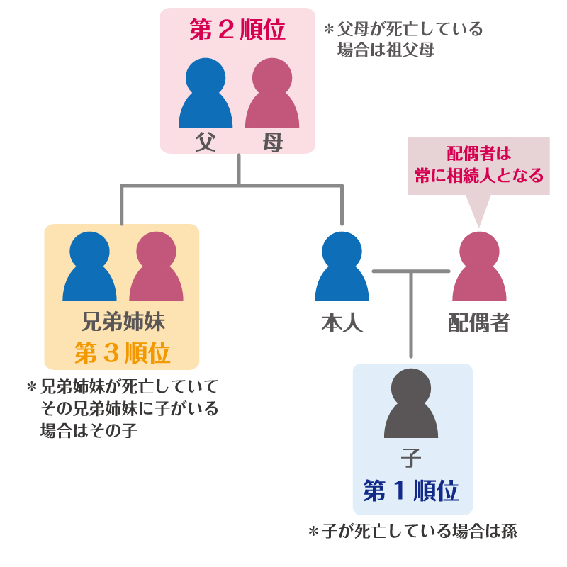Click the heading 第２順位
pyautogui.click(x=237, y=30)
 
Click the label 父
pyautogui.click(x=206, y=142)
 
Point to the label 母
pyautogui.click(x=272, y=142)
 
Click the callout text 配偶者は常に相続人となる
pyautogui.click(x=479, y=165)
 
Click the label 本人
pyautogui.click(x=342, y=323)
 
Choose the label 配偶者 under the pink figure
pyautogui.click(x=479, y=323)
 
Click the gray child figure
pyautogui.click(x=411, y=404)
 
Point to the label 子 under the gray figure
pyautogui.click(x=411, y=459)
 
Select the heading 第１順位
pyautogui.click(x=411, y=490)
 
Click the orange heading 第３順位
pyautogui.click(x=122, y=353)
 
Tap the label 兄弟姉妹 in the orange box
pyautogui.click(x=122, y=323)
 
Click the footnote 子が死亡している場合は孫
pyautogui.click(x=412, y=532)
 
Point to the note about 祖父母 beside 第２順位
pyautogui.click(x=403, y=40)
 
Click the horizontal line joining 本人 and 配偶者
pyautogui.click(x=411, y=271)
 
